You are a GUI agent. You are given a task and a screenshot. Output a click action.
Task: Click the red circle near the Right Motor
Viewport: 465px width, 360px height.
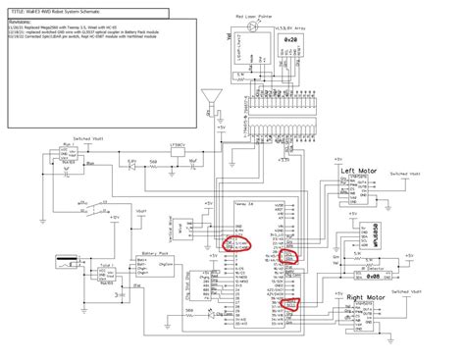290,305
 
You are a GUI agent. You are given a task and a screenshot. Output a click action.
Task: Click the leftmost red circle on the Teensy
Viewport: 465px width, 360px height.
235,242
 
